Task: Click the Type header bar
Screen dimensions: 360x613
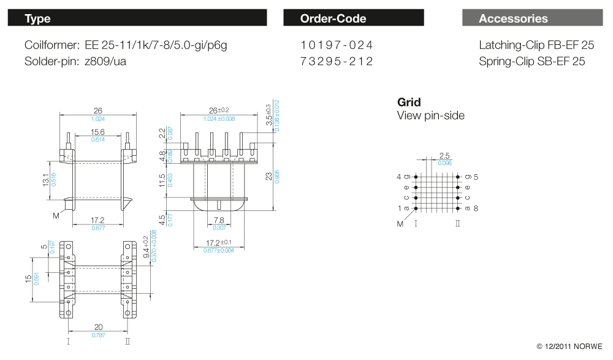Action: (137, 18)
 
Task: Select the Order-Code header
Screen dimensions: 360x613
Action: (353, 18)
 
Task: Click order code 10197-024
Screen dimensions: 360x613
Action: (337, 45)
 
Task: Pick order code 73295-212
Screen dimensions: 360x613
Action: (337, 61)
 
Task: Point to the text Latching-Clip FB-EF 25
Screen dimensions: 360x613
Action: (536, 45)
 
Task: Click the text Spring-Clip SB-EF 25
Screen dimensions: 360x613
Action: (532, 61)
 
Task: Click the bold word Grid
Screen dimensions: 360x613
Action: (409, 102)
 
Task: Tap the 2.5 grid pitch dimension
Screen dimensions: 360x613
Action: (444, 156)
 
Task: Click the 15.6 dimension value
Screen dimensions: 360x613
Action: (98, 132)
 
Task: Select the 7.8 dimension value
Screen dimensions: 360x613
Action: (218, 220)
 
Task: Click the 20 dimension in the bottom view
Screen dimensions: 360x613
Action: (98, 327)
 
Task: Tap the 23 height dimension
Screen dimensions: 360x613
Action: (268, 176)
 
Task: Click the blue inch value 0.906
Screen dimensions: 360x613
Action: (277, 177)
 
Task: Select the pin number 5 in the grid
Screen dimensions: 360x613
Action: (476, 177)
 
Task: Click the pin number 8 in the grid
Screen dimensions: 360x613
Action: (476, 209)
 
